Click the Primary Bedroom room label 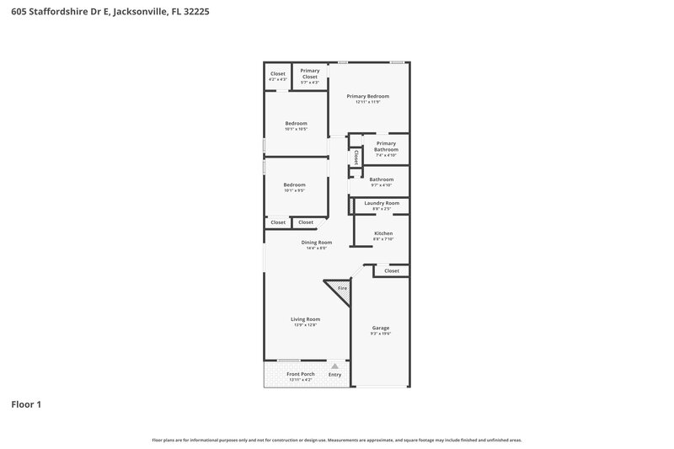(x=368, y=96)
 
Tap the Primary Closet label (x=310, y=73)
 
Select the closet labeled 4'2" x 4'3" (x=277, y=79)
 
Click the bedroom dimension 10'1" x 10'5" (x=296, y=129)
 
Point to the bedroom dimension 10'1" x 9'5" (x=294, y=190)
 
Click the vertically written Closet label (x=356, y=157)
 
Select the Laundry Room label (x=382, y=203)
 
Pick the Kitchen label (x=383, y=233)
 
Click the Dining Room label (x=317, y=242)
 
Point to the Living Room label (x=305, y=319)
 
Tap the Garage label (x=381, y=328)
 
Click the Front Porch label (x=300, y=373)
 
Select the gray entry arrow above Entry (x=334, y=366)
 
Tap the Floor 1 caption (x=26, y=404)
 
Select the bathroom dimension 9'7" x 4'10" (x=382, y=185)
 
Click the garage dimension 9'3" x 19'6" (x=381, y=334)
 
